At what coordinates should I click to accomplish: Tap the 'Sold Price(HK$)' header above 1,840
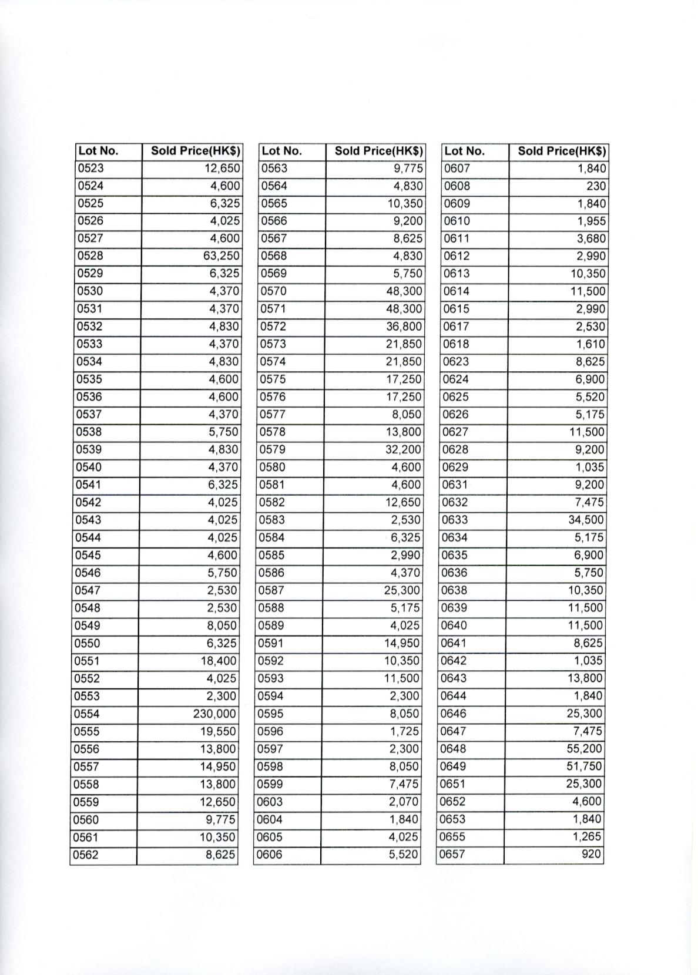(x=561, y=151)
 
